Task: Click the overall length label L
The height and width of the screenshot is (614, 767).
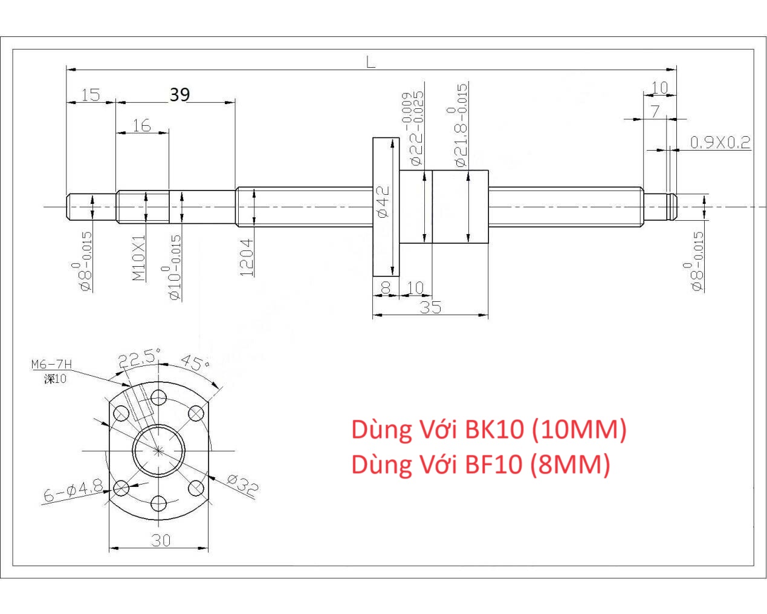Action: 371,61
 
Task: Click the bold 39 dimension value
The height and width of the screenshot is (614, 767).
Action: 180,94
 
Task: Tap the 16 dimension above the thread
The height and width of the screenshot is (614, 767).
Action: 141,125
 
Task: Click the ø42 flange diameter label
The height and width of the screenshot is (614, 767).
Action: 383,201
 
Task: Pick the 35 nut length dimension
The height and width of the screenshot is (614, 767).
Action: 430,307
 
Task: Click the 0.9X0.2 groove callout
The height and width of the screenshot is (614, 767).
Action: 720,142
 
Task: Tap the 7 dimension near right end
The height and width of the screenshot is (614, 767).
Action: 655,111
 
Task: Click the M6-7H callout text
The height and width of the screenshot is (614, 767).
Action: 51,364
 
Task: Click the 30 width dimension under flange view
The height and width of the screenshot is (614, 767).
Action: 161,540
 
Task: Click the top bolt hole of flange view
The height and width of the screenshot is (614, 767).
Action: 159,397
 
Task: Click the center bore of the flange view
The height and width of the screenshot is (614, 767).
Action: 159,450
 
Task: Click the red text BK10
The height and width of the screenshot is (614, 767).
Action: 494,429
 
